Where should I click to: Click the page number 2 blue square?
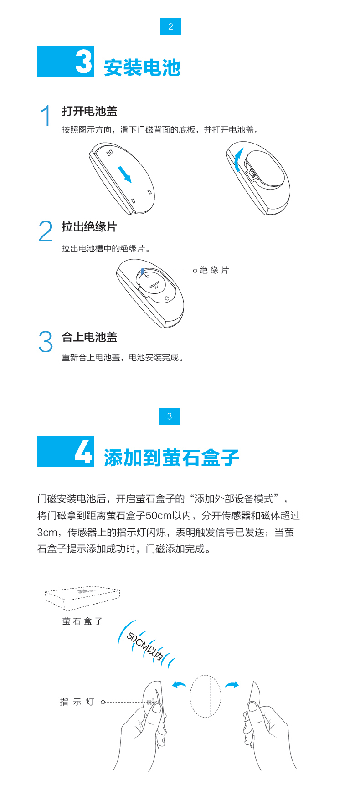coord(170,26)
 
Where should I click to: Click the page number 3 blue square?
coord(170,416)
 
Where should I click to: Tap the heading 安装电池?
coord(142,68)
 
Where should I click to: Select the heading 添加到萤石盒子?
coord(172,457)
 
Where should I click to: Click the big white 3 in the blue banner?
coord(84,62)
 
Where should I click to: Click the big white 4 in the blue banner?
coord(84,452)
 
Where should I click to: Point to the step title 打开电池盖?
coord(90,111)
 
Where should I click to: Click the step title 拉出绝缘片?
coord(90,226)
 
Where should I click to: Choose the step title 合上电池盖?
coord(90,337)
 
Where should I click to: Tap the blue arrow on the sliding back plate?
coord(124,174)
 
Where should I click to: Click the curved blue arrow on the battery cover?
coord(237,159)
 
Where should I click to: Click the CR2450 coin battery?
coord(153,285)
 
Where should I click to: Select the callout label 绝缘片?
coord(214,270)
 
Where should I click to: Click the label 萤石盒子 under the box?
coord(82,621)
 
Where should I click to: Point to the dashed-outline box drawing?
coord(82,597)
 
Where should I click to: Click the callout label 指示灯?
coord(77,702)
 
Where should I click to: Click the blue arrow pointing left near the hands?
coord(179,684)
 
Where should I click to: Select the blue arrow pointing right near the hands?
coord(232,684)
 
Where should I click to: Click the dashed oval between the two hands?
coord(190,696)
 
